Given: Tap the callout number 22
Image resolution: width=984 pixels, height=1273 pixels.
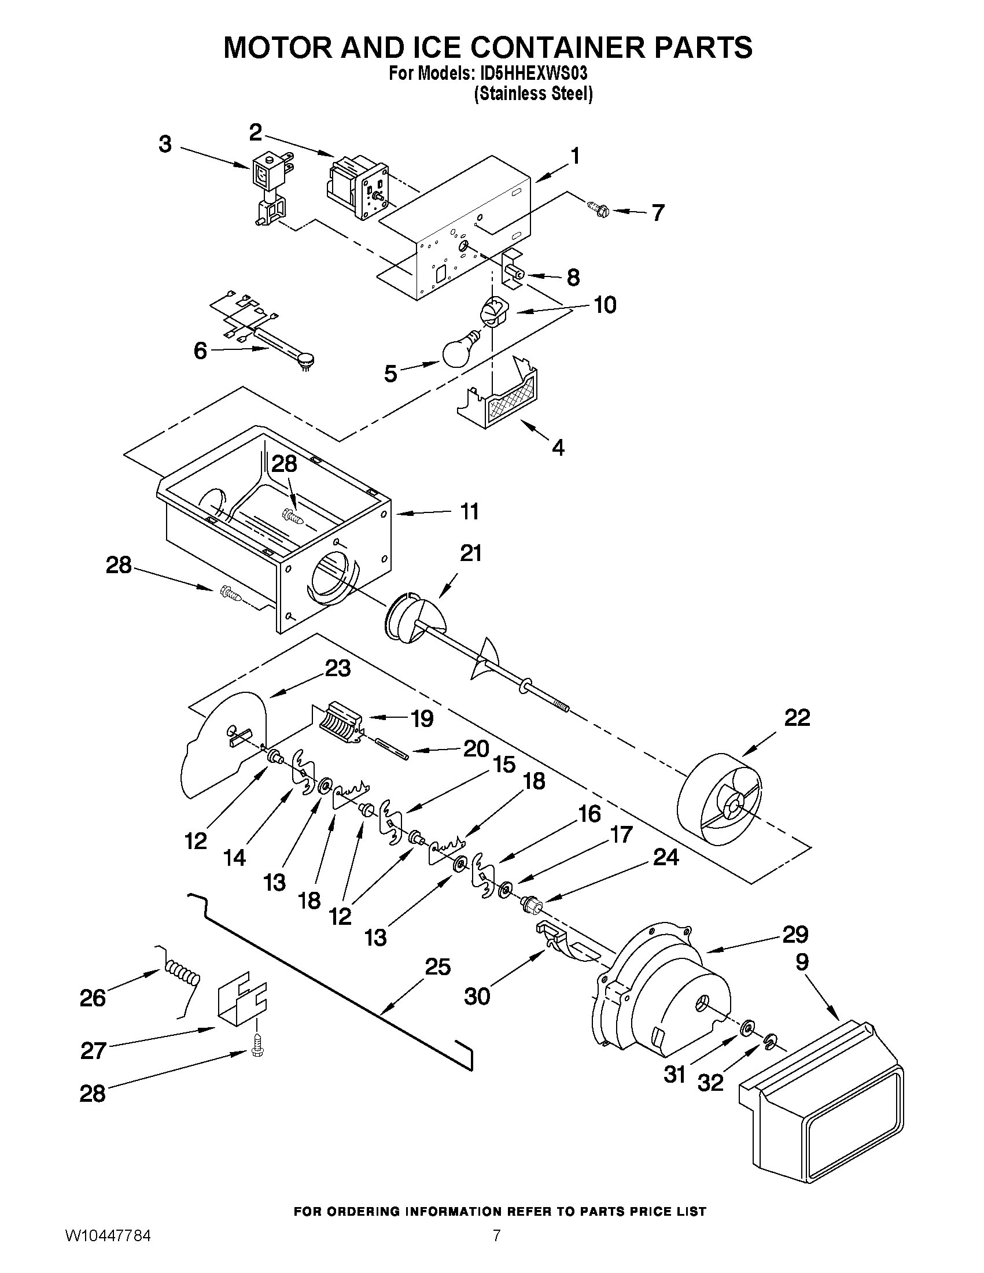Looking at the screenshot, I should (x=797, y=718).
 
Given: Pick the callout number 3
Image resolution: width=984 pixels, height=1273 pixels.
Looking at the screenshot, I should (x=165, y=143).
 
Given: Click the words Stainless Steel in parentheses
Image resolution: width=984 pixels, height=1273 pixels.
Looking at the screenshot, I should (x=533, y=94).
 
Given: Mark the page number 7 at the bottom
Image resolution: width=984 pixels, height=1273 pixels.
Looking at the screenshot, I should (x=496, y=1252).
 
